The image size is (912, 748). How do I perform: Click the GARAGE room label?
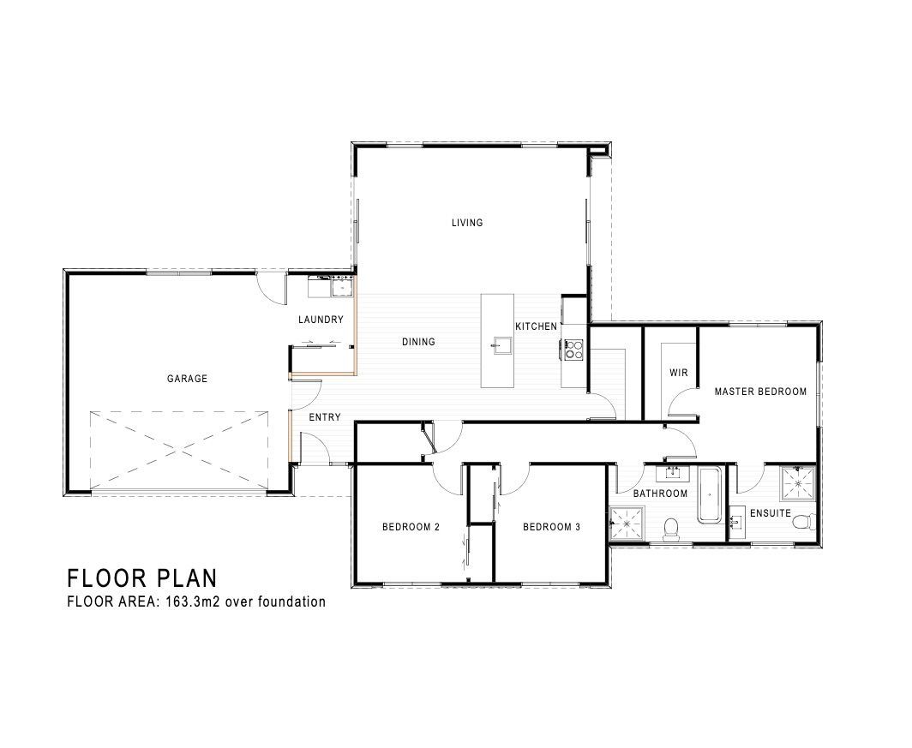pos(187,379)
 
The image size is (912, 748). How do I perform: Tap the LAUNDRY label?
pos(321,319)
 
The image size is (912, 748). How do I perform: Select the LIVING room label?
pos(467,223)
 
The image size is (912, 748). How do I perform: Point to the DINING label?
pos(419,342)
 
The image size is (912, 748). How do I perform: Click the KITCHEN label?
pos(537,326)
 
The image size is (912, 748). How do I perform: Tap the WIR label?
pos(678,373)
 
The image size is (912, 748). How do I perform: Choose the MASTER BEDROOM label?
pos(760,392)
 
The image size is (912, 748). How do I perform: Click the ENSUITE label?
pos(770,513)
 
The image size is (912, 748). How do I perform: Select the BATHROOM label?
pos(660,494)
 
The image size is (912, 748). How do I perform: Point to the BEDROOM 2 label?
pos(411,527)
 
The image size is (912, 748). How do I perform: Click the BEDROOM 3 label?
pos(551,527)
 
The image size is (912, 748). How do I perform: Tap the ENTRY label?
pos(325,417)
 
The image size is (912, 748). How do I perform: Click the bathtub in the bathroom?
pos(710,495)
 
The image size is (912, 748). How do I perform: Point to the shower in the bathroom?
pos(627,523)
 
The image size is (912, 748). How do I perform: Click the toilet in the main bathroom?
pos(671,530)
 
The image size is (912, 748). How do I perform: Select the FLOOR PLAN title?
pos(142,578)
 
